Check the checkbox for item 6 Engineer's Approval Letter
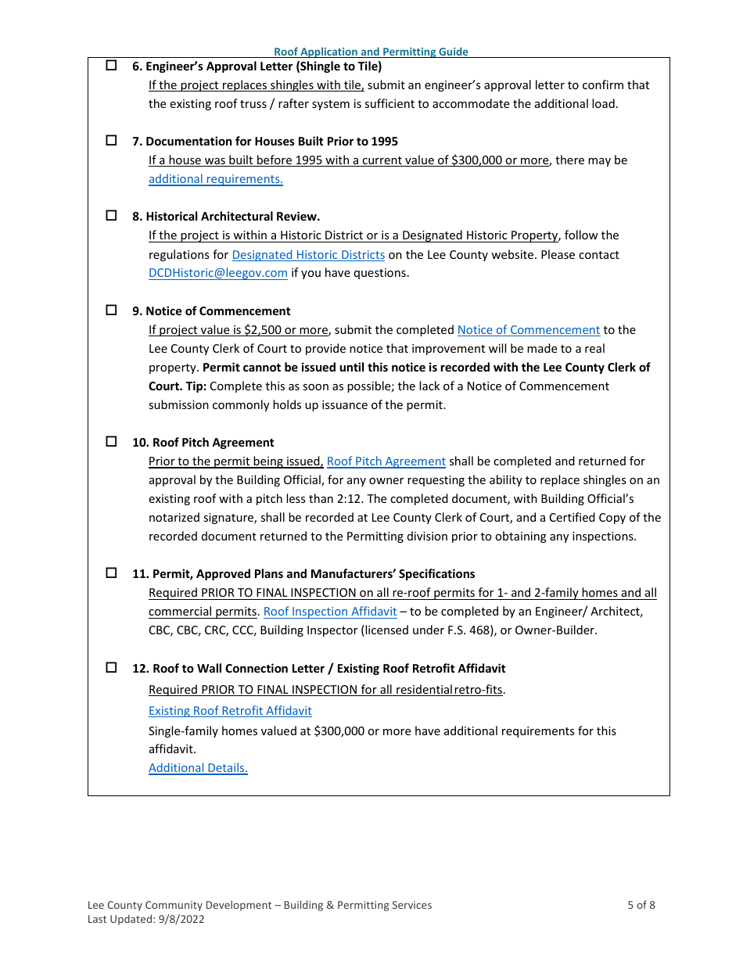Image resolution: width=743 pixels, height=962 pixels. (111, 66)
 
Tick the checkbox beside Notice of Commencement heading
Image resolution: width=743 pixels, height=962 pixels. (111, 310)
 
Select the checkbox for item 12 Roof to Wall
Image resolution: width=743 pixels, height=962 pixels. (111, 668)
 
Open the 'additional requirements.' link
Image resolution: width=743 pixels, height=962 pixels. (215, 179)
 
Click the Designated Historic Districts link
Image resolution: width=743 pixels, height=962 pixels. (308, 254)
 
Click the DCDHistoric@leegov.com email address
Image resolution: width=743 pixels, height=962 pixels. (218, 273)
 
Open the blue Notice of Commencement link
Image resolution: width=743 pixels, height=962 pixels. (528, 330)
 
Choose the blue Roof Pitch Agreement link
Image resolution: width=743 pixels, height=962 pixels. (386, 461)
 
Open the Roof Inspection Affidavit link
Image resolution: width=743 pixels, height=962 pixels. (330, 612)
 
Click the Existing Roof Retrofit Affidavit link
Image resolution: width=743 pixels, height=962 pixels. (230, 711)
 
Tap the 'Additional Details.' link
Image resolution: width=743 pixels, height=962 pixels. (198, 768)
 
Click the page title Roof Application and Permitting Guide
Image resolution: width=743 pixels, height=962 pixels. (371, 52)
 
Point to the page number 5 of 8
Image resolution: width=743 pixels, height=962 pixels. (641, 906)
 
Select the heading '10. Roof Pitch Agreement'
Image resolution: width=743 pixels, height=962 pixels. (203, 443)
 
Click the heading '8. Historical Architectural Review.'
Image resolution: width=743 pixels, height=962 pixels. (225, 217)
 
